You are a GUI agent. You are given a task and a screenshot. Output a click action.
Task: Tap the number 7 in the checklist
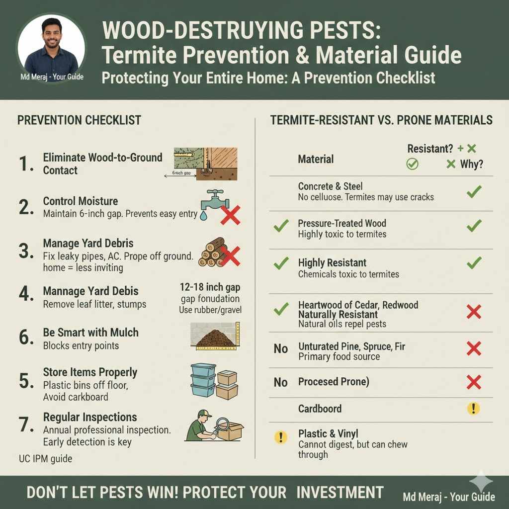point(26,425)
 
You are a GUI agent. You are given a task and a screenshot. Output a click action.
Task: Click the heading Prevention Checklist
point(79,120)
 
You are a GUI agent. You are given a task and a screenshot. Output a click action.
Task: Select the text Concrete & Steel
point(330,186)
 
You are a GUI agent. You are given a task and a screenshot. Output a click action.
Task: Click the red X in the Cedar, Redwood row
point(474,312)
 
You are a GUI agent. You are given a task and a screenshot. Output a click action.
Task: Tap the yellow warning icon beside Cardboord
point(473,409)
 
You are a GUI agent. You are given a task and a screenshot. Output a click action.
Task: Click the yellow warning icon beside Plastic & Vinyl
point(281,437)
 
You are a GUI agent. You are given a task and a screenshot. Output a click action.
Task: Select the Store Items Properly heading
point(90,372)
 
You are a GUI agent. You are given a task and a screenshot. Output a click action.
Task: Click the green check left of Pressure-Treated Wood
point(281,227)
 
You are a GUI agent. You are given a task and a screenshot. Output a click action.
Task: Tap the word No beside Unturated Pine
point(281,348)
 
